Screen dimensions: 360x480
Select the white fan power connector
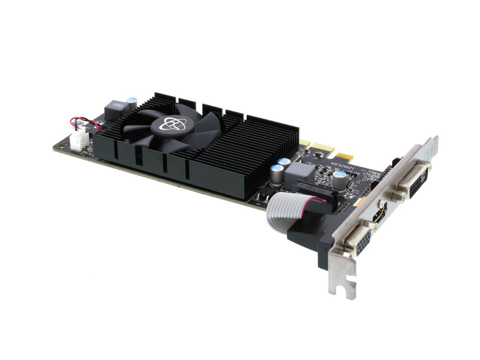click(77, 142)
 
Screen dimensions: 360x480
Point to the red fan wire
click(90, 122)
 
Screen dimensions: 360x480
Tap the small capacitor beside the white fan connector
click(79, 124)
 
